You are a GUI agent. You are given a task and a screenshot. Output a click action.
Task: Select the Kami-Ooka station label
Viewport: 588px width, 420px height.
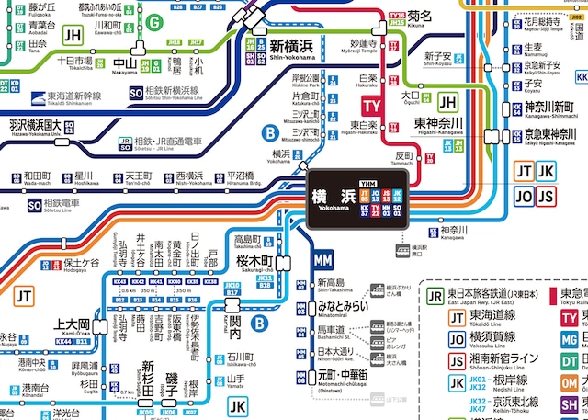(x=72, y=325)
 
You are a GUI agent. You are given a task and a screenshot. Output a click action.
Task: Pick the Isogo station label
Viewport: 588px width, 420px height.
(x=176, y=381)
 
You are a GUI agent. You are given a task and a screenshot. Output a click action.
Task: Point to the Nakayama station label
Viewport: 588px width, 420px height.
(x=124, y=65)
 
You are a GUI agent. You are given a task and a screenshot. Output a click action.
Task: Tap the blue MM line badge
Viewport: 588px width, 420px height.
(x=322, y=261)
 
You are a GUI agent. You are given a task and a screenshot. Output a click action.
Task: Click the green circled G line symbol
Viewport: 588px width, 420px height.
(x=155, y=22)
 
